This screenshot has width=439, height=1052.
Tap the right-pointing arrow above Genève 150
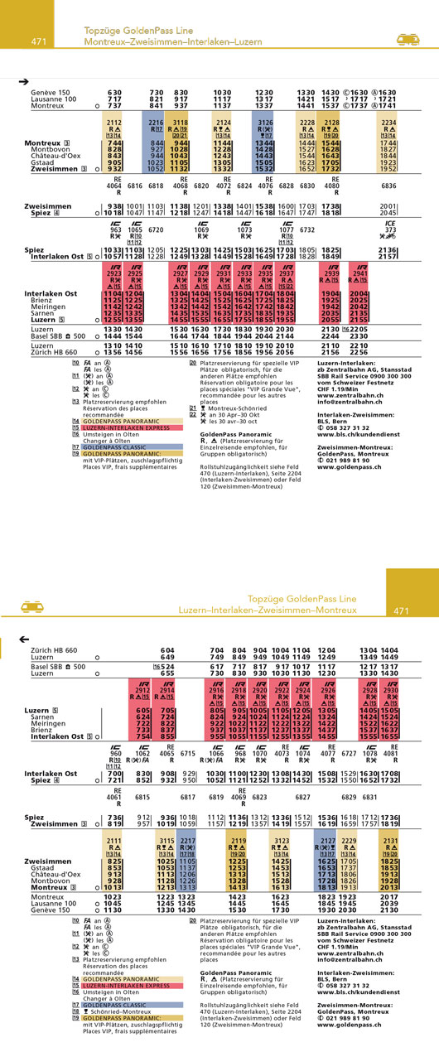(x=23, y=81)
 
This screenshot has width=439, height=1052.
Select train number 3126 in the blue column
(x=263, y=123)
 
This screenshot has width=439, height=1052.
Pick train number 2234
(x=388, y=123)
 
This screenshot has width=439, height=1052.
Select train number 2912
(x=142, y=689)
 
